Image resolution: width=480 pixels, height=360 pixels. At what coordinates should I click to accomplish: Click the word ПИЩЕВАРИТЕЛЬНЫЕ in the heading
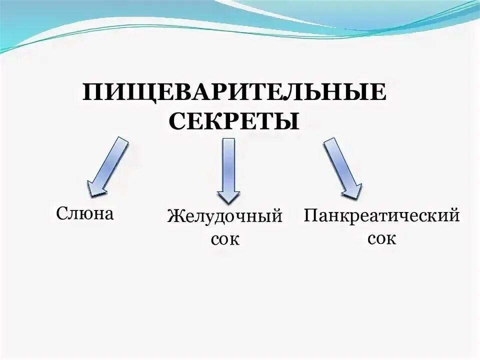coord(234,93)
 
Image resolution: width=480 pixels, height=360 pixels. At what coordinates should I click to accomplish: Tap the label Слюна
coord(85,213)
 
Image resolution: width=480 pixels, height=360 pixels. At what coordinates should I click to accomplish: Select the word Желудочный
coord(225,217)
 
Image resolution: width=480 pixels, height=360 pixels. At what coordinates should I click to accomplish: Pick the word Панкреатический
coord(382,216)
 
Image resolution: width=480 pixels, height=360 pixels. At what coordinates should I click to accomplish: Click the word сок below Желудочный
coord(225,239)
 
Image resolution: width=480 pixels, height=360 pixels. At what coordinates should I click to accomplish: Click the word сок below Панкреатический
coord(382,238)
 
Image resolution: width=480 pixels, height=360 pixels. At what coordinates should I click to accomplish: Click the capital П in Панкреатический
coord(311,216)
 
